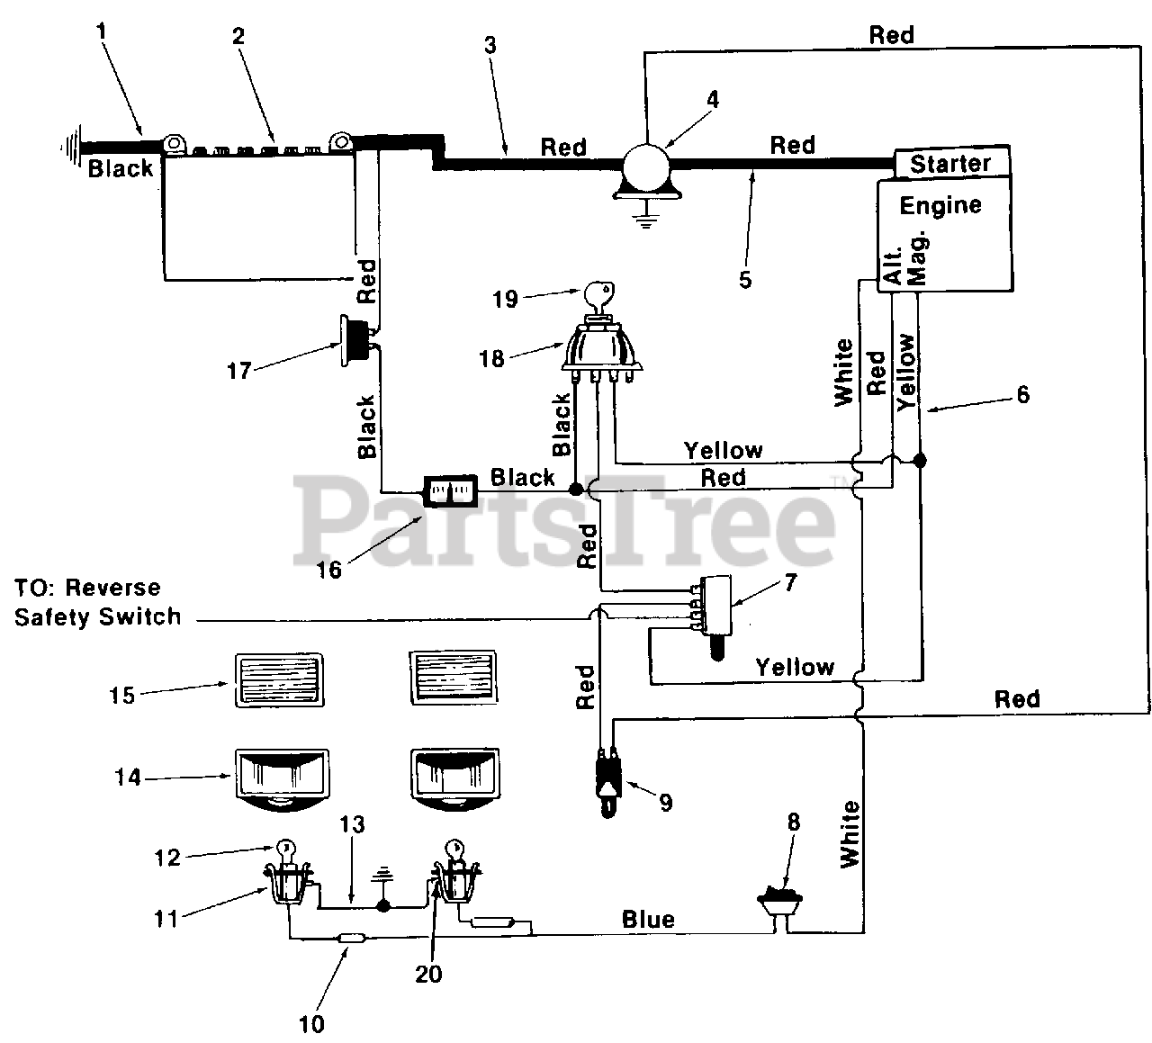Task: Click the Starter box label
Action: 950,164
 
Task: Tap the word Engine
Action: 940,205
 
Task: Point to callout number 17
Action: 238,371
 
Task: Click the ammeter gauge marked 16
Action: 450,490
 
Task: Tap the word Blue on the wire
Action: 648,920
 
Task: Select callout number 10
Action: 311,1023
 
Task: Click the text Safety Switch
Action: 97,616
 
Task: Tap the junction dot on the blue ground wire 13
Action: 383,907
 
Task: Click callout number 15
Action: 121,696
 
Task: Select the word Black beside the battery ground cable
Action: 121,169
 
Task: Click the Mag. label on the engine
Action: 917,258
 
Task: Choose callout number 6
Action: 1022,395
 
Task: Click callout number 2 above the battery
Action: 238,36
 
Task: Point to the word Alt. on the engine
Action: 894,265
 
